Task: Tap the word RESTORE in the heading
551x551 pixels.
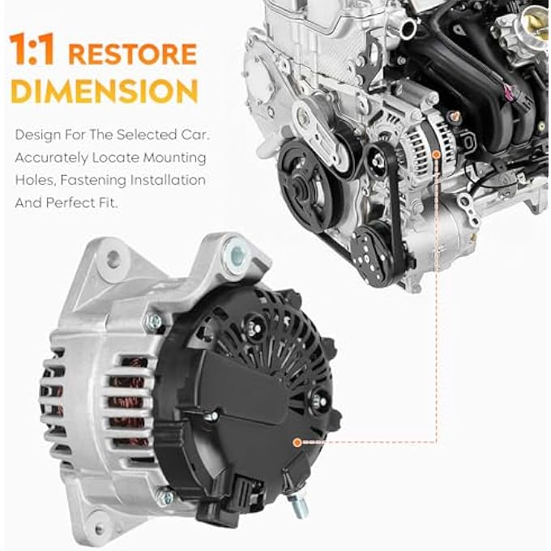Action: pos(132,54)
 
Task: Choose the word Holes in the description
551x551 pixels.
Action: pos(32,180)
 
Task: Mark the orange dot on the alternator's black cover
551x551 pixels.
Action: pos(297,442)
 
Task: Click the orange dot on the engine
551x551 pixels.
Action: pos(436,153)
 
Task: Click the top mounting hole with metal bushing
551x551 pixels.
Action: pos(235,253)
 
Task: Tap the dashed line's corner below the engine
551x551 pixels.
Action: pos(436,442)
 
